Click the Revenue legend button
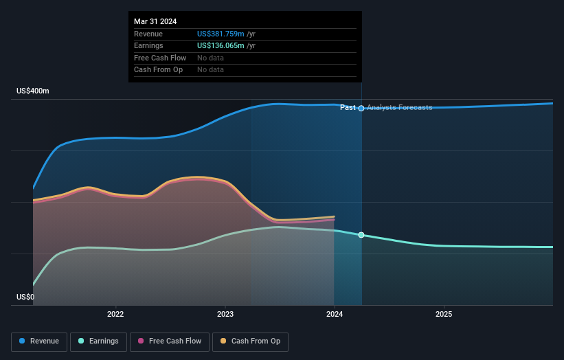click(x=40, y=341)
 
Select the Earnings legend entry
click(x=98, y=341)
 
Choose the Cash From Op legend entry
click(x=250, y=341)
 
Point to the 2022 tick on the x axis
click(x=115, y=315)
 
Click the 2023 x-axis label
click(x=225, y=315)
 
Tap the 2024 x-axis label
click(x=335, y=315)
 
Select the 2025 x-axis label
click(x=444, y=315)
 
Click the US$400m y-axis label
click(x=33, y=91)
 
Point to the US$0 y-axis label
click(x=25, y=297)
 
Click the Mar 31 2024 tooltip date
click(x=155, y=21)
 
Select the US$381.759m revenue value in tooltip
click(x=221, y=34)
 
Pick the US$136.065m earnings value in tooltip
click(x=221, y=45)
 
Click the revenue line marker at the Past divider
click(x=361, y=108)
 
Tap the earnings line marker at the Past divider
click(x=361, y=235)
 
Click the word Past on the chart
click(x=348, y=108)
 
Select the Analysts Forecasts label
click(x=399, y=108)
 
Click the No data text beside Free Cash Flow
click(x=210, y=58)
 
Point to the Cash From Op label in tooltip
click(x=158, y=69)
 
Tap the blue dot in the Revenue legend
click(x=23, y=341)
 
